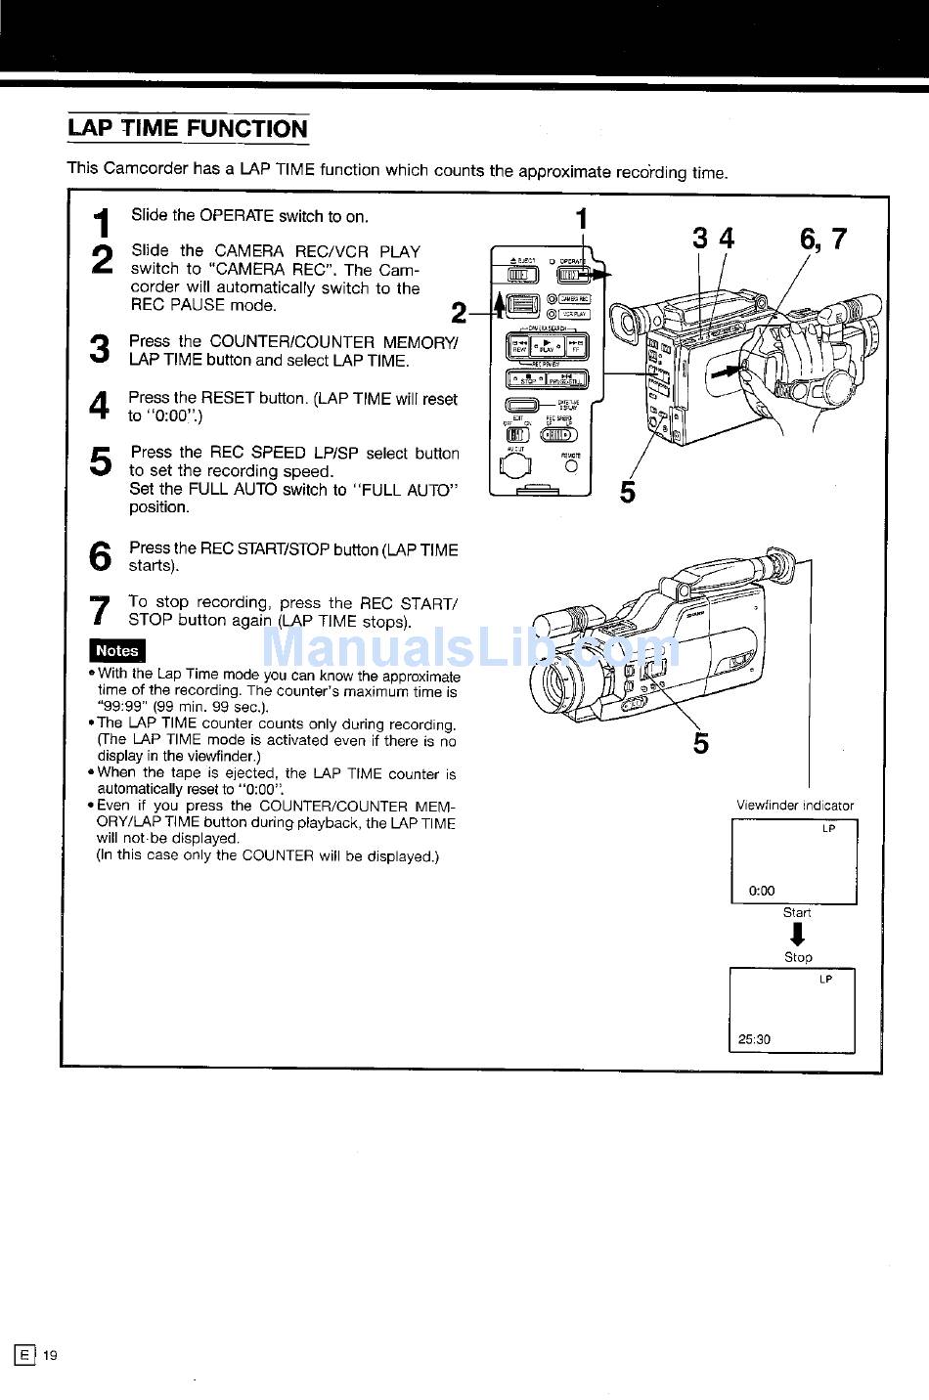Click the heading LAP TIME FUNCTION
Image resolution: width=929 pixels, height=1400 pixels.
click(187, 129)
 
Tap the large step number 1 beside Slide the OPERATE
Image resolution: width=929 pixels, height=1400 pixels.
click(101, 223)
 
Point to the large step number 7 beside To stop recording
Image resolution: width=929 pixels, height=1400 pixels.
click(100, 610)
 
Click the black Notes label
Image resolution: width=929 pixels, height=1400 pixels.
click(116, 650)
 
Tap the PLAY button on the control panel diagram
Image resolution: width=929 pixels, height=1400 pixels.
click(548, 345)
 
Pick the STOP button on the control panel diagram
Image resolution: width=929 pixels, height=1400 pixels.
click(527, 379)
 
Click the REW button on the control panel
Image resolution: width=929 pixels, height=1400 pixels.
click(519, 345)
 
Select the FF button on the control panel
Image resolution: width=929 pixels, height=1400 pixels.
click(577, 345)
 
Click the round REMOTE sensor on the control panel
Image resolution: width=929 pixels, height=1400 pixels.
click(571, 467)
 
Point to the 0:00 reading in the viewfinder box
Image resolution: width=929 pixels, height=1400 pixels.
click(761, 891)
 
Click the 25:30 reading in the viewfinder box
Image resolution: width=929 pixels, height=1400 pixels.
click(754, 1039)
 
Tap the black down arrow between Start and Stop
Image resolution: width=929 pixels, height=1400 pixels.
click(797, 935)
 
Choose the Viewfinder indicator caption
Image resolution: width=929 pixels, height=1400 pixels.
click(794, 806)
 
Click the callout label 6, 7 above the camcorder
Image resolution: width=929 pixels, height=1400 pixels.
click(822, 239)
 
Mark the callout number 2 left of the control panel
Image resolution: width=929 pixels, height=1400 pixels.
click(459, 313)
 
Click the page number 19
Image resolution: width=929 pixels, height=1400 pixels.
click(50, 1355)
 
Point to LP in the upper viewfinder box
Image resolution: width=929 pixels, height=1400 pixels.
click(828, 829)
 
